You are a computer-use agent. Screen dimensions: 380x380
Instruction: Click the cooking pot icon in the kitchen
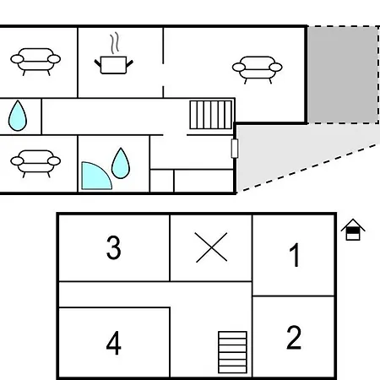(x=113, y=65)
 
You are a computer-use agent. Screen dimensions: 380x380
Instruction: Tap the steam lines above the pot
(x=114, y=43)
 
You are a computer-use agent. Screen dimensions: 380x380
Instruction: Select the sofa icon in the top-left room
(x=35, y=62)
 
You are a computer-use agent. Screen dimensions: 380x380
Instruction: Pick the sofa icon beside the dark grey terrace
(x=257, y=70)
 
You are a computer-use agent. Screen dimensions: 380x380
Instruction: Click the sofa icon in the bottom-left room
(x=35, y=164)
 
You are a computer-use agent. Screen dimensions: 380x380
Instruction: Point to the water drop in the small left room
(x=18, y=116)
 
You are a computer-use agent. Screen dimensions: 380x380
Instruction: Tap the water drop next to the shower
(x=121, y=163)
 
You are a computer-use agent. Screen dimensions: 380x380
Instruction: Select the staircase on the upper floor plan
(x=211, y=115)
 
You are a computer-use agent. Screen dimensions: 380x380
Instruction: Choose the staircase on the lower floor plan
(x=232, y=352)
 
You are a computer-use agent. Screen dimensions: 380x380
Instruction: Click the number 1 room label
(x=295, y=255)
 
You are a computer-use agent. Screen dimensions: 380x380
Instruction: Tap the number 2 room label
(x=294, y=337)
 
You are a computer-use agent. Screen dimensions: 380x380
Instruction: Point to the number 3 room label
(x=114, y=247)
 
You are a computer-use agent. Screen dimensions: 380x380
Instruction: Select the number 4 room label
(x=114, y=343)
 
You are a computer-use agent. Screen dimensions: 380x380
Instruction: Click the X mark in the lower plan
(x=211, y=247)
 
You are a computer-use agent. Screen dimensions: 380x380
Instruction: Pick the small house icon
(x=353, y=230)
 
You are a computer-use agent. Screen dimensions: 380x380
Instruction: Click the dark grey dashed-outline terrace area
(x=343, y=75)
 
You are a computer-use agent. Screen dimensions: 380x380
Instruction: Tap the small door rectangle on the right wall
(x=235, y=149)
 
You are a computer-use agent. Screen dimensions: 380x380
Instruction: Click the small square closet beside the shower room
(x=162, y=181)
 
